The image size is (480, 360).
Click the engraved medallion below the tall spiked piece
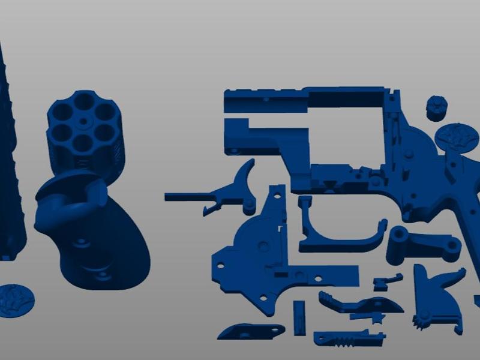[15, 299]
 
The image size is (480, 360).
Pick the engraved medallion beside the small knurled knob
[457, 136]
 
